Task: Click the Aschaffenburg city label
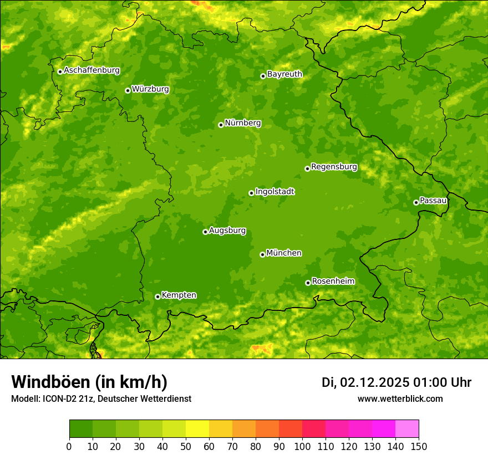tap(91, 70)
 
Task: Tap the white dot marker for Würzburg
tap(128, 90)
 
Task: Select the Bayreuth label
tap(284, 74)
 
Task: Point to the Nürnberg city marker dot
tap(221, 125)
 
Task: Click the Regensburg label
tap(334, 167)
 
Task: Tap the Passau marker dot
tap(416, 202)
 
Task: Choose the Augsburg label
tap(227, 231)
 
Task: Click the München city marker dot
tap(262, 254)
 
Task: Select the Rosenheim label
tap(333, 282)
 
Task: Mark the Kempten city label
tap(179, 295)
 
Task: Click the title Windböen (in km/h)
tap(89, 382)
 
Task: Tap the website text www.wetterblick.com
tap(400, 398)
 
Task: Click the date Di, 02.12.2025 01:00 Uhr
tap(396, 382)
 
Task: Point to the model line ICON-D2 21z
tap(101, 398)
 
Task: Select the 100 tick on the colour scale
tap(302, 446)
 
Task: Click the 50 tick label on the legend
tap(186, 446)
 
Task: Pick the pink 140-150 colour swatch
tap(407, 429)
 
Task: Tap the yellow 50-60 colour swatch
tap(197, 429)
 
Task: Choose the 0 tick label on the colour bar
tap(69, 446)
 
